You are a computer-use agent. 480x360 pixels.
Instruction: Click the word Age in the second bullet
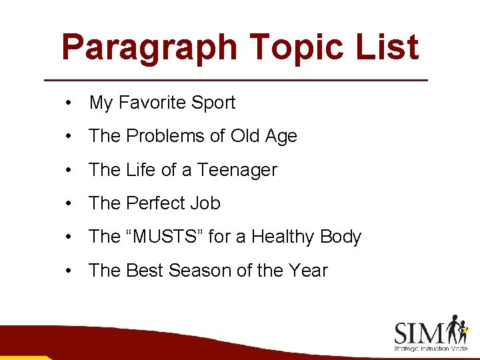[x=281, y=136]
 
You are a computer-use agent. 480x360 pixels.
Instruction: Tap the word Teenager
[x=237, y=170]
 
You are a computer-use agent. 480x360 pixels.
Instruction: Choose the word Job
[x=205, y=203]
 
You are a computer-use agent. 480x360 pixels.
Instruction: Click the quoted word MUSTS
[x=158, y=237]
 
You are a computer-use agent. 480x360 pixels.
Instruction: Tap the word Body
[x=341, y=237]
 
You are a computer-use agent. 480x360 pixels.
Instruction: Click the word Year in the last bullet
[x=309, y=271]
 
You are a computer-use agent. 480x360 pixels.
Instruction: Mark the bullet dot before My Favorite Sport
[x=69, y=103]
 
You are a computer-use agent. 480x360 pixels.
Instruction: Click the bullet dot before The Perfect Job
[x=69, y=204]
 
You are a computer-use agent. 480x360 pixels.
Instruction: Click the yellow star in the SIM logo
[x=465, y=329]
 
